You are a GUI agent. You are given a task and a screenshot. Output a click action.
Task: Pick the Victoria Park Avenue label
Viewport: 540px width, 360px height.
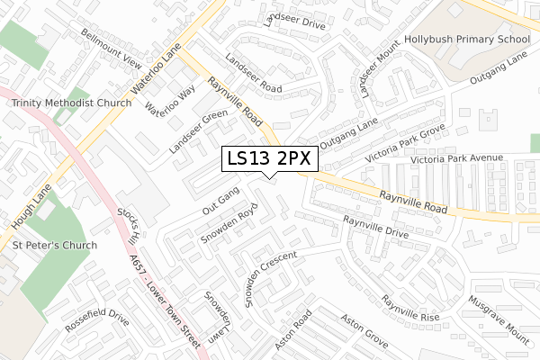pyautogui.click(x=456, y=158)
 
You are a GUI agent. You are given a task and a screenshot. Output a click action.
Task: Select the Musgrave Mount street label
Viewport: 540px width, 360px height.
pyautogui.click(x=499, y=319)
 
